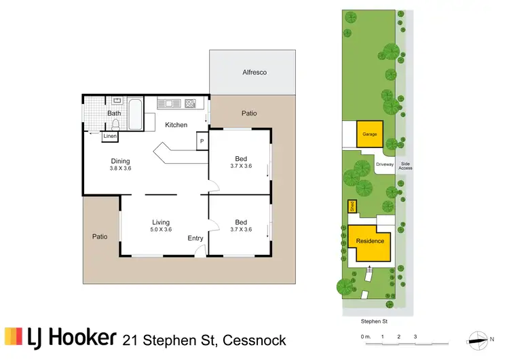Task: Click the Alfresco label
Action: tap(252, 73)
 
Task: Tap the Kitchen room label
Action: tap(176, 125)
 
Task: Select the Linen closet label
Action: tap(110, 137)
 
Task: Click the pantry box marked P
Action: tap(202, 141)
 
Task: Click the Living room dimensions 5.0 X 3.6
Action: tap(161, 230)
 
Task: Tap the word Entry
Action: tap(195, 238)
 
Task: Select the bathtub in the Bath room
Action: tap(136, 115)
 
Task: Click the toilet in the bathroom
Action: tap(116, 124)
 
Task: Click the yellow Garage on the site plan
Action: tap(369, 134)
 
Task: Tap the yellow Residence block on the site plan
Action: tap(371, 242)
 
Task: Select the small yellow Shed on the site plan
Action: tap(352, 207)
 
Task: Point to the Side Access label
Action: tap(406, 166)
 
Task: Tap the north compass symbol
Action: tap(480, 338)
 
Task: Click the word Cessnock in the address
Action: tap(252, 340)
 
